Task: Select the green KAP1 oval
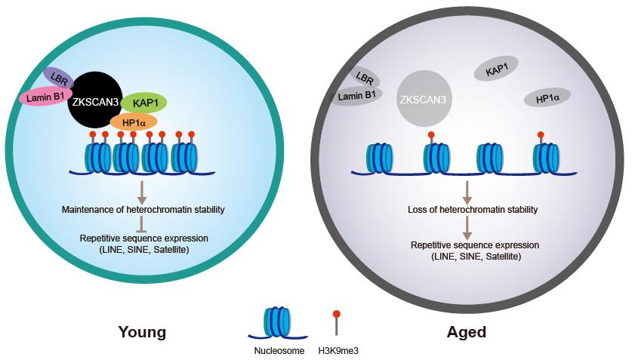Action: click(x=144, y=103)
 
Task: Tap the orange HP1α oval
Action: click(x=134, y=122)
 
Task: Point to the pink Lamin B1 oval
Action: click(x=46, y=97)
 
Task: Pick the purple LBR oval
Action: click(x=58, y=77)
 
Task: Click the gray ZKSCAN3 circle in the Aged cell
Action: click(x=424, y=99)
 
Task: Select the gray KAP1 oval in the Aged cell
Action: click(x=496, y=69)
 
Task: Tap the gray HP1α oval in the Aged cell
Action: click(x=547, y=98)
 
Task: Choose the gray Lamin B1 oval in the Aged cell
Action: click(x=356, y=96)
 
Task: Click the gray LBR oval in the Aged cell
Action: click(x=365, y=77)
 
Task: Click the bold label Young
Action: click(x=142, y=333)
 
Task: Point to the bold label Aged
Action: click(x=467, y=332)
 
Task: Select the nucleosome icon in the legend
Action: click(x=277, y=323)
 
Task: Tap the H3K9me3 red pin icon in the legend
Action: click(x=337, y=322)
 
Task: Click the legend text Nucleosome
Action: click(x=279, y=351)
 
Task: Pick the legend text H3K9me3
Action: click(x=338, y=351)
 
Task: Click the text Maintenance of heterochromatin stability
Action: click(x=143, y=209)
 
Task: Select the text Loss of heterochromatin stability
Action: click(x=473, y=209)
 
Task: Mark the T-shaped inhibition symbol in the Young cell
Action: click(x=141, y=224)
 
